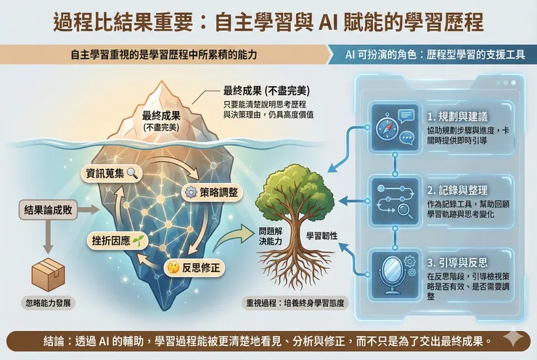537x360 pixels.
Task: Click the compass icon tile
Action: click(393, 125)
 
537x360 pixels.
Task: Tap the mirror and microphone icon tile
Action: click(393, 269)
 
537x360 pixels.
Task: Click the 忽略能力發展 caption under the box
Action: click(49, 302)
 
